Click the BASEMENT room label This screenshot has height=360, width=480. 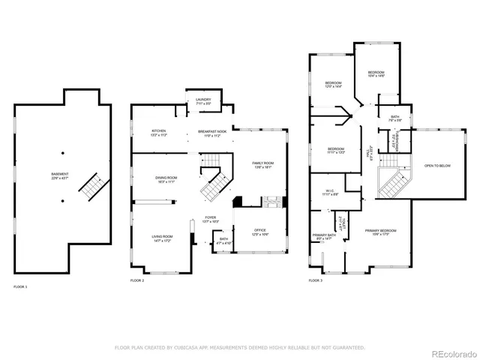point(59,175)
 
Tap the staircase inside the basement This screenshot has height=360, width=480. point(91,186)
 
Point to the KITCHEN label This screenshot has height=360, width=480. point(158,132)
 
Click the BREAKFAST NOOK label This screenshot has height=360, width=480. point(212,132)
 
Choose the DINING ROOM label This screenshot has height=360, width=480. point(166,178)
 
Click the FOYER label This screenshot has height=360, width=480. point(211,220)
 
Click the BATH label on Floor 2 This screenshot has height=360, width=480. point(223,241)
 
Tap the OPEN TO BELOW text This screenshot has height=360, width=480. point(437,165)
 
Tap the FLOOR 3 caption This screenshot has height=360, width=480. point(316,280)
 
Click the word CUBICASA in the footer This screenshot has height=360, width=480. point(179,348)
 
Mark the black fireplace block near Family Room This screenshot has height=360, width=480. point(238,201)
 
